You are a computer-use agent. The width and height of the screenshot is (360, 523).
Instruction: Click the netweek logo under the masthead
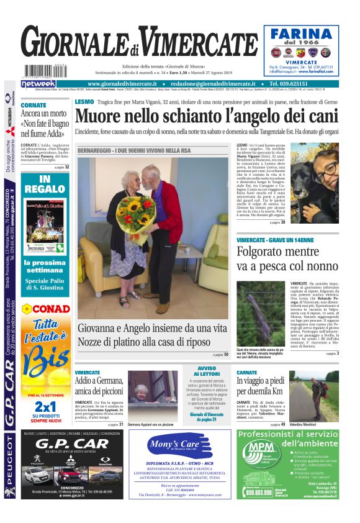pos(38,84)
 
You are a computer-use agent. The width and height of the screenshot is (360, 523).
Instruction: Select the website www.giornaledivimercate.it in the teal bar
pos(122,84)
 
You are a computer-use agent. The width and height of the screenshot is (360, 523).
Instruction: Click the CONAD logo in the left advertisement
pos(47,309)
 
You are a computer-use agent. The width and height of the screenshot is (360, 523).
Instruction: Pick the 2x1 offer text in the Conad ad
pos(45,407)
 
